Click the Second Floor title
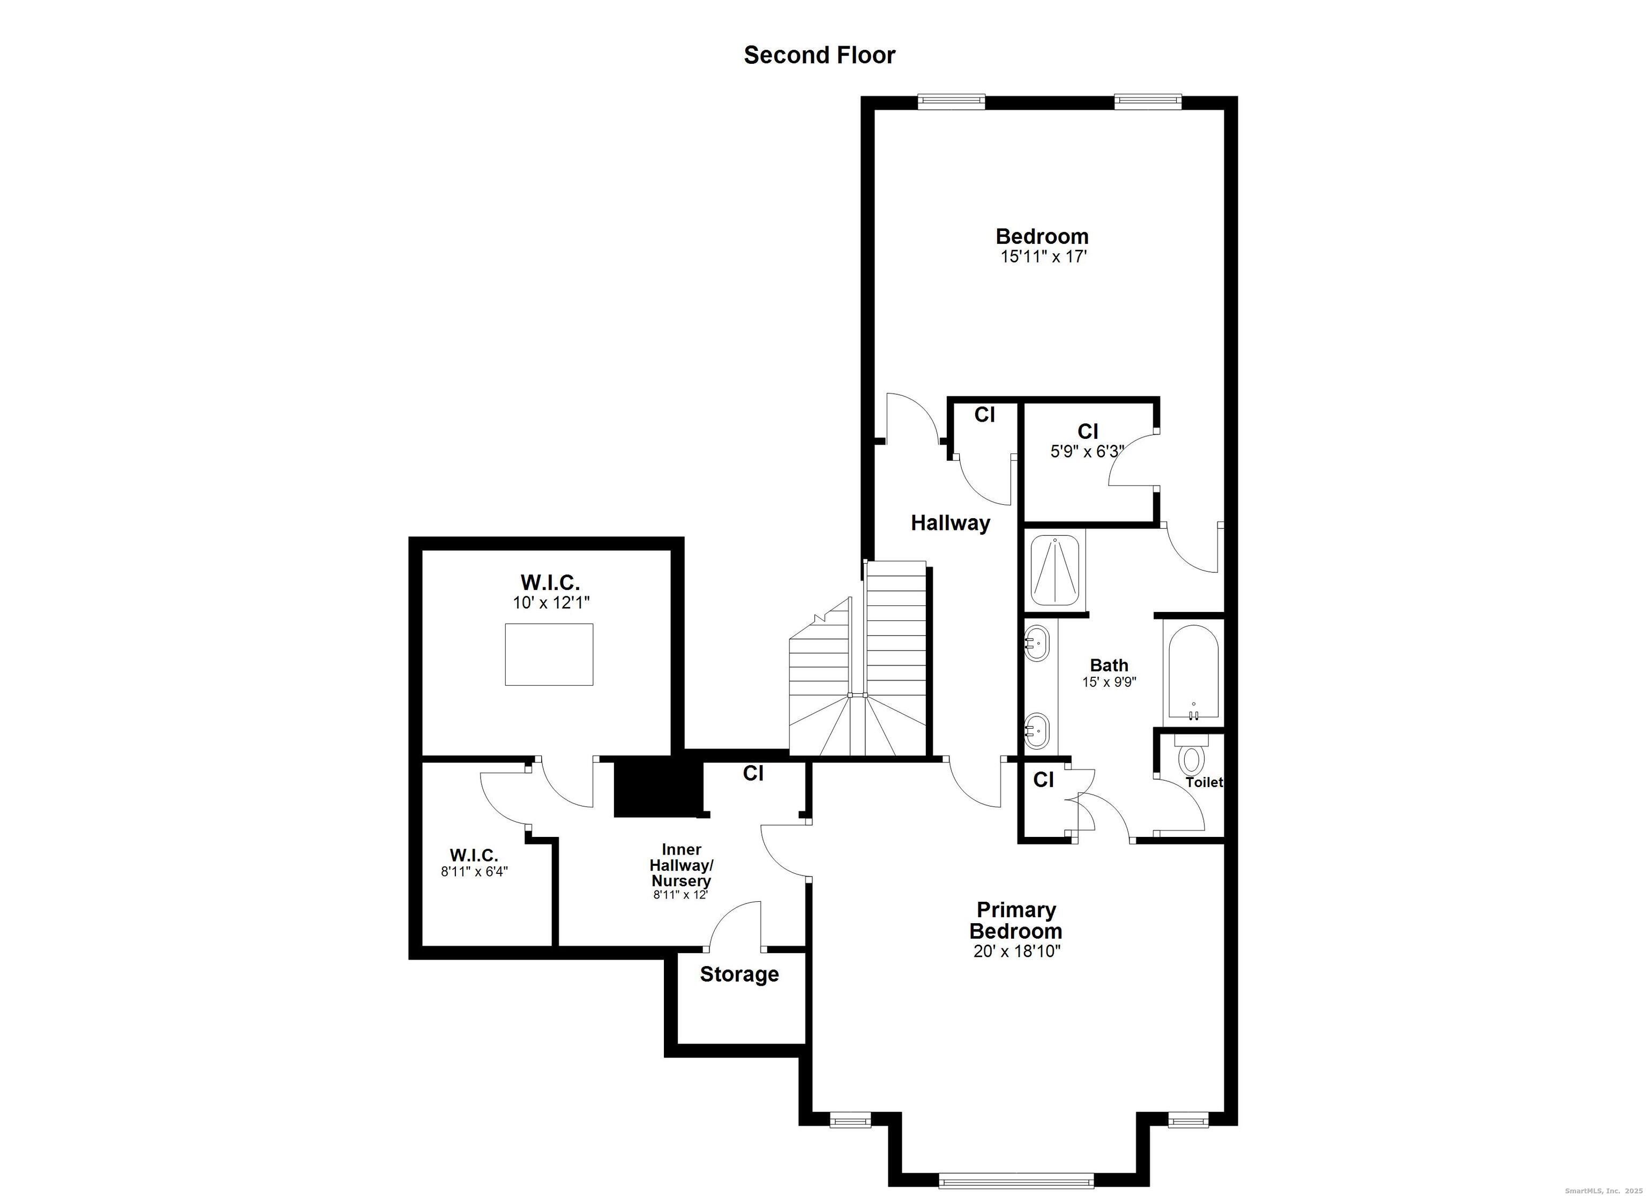pyautogui.click(x=819, y=55)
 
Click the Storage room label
pyautogui.click(x=739, y=974)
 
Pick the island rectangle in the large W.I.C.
pyautogui.click(x=549, y=654)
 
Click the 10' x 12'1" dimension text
pyautogui.click(x=551, y=602)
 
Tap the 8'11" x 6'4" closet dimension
pyautogui.click(x=474, y=871)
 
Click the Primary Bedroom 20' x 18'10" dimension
pyautogui.click(x=1017, y=952)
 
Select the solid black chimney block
pyautogui.click(x=659, y=788)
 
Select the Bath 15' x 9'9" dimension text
pyautogui.click(x=1109, y=682)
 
